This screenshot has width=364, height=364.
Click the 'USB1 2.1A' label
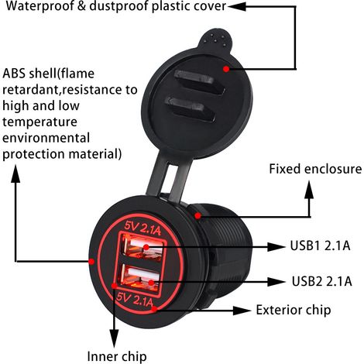320,246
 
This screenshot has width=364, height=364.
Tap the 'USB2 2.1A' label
322,281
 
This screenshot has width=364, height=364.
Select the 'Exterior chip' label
294,310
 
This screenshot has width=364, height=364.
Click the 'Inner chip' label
117,356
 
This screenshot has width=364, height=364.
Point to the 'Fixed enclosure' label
315,169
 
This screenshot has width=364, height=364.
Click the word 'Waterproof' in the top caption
40,6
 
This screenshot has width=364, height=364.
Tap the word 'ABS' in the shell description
15,74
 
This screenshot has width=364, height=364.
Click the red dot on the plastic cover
226,69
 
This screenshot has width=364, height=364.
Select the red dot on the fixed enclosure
197,215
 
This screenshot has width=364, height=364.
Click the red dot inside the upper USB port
146,247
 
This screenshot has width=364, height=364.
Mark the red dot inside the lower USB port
151,283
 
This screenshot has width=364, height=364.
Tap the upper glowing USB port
142,247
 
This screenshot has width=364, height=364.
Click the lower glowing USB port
139,278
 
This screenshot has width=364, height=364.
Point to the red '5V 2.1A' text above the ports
143,228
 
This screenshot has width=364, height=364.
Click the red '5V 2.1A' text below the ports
134,300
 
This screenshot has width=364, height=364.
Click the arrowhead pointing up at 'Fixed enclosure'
309,190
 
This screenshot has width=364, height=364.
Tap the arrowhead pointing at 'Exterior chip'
242,311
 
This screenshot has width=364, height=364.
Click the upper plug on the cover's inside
199,82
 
